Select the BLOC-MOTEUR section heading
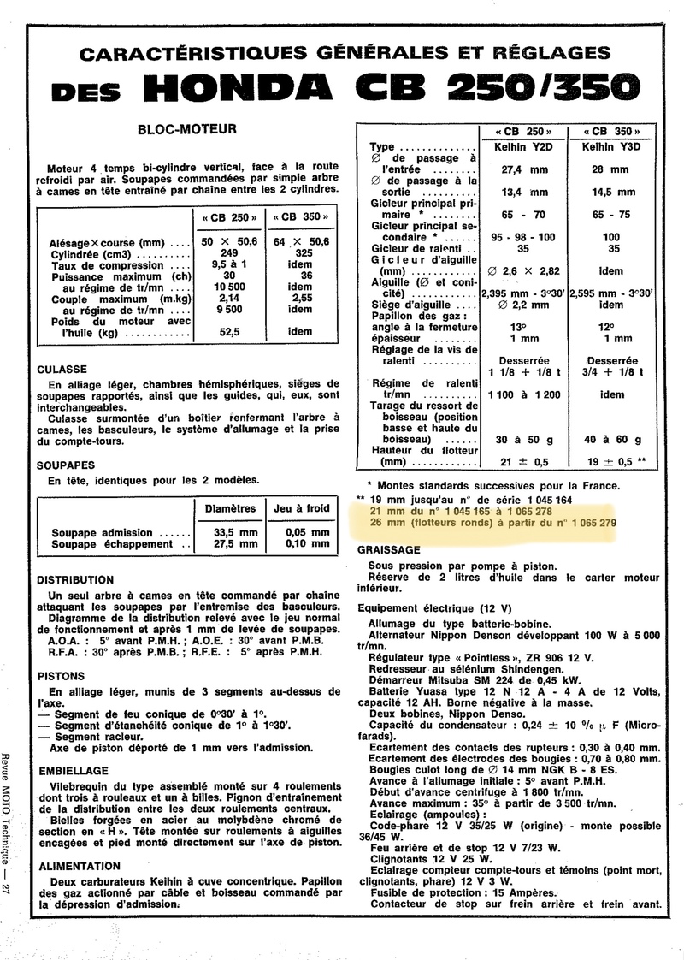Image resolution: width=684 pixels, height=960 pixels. pos(181,132)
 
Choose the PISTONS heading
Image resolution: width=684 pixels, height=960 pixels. pos(62,675)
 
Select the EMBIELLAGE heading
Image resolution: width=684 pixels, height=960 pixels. pos(73,770)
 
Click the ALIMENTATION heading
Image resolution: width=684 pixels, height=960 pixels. pos(80,866)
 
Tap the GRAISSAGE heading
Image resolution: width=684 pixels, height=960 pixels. pos(389,549)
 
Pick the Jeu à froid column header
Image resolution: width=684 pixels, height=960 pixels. pos(301,508)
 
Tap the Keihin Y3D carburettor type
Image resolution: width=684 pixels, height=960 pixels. pos(610,146)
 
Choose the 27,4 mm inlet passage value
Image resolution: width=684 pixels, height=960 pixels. pos(524,169)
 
